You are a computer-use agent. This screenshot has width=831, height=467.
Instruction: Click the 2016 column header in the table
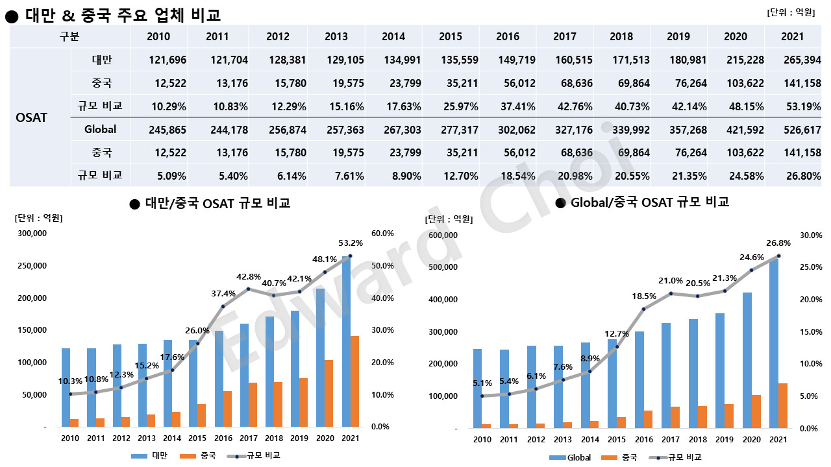point(507,36)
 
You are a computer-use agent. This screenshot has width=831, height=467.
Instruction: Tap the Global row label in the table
point(100,129)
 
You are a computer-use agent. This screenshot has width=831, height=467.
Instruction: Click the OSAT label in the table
point(31,117)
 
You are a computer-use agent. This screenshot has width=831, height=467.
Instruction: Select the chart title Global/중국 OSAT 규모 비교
point(649,202)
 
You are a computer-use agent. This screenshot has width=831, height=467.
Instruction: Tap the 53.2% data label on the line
point(351,243)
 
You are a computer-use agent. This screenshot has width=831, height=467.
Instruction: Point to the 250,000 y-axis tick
point(31,265)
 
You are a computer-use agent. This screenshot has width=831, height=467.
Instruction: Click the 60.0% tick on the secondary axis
point(382,233)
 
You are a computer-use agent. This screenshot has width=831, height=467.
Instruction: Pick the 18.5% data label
point(644,296)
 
